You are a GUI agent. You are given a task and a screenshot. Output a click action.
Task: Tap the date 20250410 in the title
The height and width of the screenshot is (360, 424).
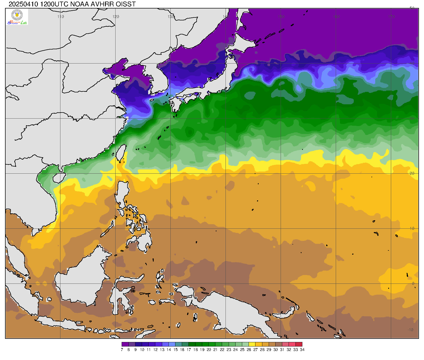(24, 4)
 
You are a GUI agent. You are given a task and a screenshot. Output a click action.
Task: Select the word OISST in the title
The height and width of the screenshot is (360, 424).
(125, 4)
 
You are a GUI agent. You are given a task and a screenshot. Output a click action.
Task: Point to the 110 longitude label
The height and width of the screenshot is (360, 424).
(61, 16)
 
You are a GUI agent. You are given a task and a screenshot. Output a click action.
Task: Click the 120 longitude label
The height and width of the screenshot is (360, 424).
(116, 16)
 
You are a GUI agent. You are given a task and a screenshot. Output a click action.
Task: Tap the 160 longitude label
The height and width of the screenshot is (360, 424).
(336, 16)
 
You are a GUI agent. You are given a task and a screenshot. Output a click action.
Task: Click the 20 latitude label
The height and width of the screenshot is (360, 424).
(412, 173)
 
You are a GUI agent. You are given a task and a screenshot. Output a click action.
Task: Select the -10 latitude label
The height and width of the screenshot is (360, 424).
(410, 330)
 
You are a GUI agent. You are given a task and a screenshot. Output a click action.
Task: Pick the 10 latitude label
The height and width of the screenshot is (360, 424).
(412, 228)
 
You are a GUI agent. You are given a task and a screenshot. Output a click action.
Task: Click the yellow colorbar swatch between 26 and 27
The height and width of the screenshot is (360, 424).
(252, 344)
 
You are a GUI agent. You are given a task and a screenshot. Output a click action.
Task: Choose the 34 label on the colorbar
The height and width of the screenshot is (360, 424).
(302, 350)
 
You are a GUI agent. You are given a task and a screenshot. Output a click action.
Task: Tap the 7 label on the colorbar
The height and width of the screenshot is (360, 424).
(122, 350)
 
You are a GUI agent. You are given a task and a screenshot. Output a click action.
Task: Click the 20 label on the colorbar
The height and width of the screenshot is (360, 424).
(209, 350)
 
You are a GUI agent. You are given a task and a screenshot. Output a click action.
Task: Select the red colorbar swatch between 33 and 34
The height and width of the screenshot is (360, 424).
(299, 344)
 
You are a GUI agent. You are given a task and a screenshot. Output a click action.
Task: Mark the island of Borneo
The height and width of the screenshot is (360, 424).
(82, 281)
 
